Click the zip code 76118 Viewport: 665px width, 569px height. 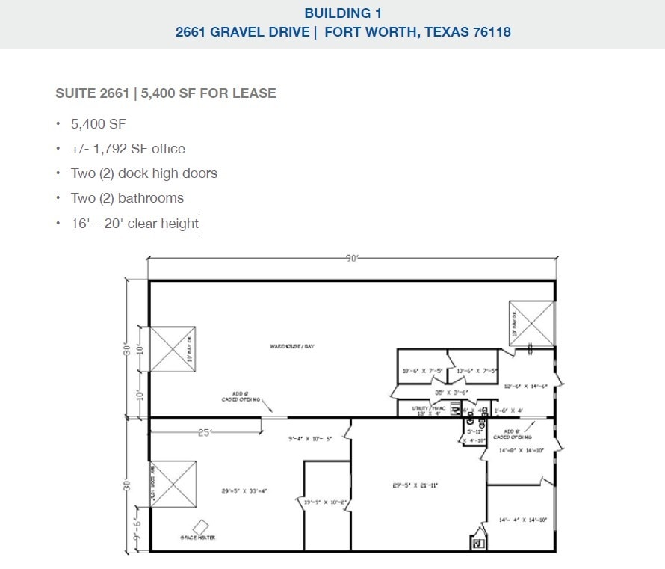[489, 32]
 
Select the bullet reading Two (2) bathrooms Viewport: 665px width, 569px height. [127, 198]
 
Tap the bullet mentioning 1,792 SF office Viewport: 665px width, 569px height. [128, 149]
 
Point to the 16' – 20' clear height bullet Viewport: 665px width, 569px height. [134, 224]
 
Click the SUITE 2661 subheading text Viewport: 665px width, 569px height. [87, 93]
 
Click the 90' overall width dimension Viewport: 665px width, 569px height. [352, 258]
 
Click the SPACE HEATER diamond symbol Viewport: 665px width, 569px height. [201, 527]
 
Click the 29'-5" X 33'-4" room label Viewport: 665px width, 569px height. [244, 491]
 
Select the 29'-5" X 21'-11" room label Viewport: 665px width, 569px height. [415, 485]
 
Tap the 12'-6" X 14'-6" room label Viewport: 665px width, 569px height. [526, 387]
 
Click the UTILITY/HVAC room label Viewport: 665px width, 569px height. [430, 409]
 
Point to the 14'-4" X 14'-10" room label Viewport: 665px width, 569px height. [523, 520]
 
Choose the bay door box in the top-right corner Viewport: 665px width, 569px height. [531, 324]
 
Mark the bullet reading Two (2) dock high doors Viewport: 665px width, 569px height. [144, 173]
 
